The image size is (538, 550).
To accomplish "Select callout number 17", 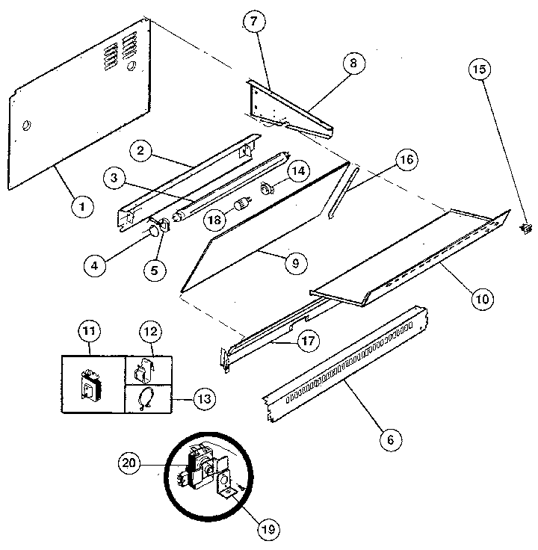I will click(306, 340).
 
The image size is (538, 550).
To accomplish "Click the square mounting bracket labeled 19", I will click(227, 486).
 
